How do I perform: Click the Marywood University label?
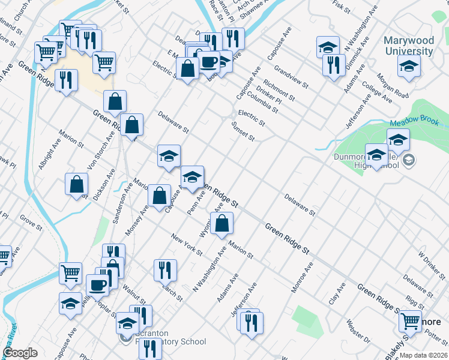(409, 46)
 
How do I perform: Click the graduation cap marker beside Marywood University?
(409, 66)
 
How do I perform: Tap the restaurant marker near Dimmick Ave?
(334, 65)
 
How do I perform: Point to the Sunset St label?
(243, 131)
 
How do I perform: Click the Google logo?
(20, 353)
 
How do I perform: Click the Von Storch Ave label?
(101, 150)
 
